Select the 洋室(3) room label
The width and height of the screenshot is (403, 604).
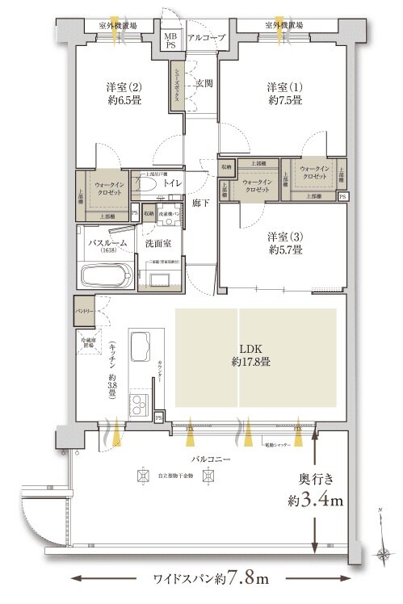pyautogui.click(x=285, y=244)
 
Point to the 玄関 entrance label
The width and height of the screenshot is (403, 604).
pyautogui.click(x=203, y=83)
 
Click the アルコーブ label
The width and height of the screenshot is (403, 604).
pyautogui.click(x=202, y=38)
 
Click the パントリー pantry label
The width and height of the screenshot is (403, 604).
pyautogui.click(x=85, y=308)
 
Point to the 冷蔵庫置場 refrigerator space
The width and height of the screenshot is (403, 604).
pyautogui.click(x=87, y=343)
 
